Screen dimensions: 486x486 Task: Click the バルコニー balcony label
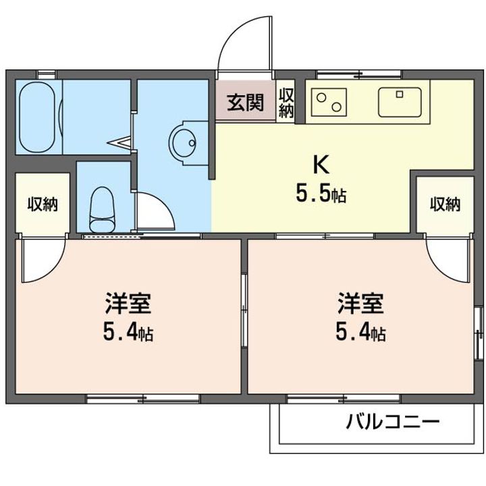click(x=394, y=423)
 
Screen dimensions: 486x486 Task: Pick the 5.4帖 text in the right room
click(x=361, y=332)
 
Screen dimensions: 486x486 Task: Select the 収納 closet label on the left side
click(x=42, y=204)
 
